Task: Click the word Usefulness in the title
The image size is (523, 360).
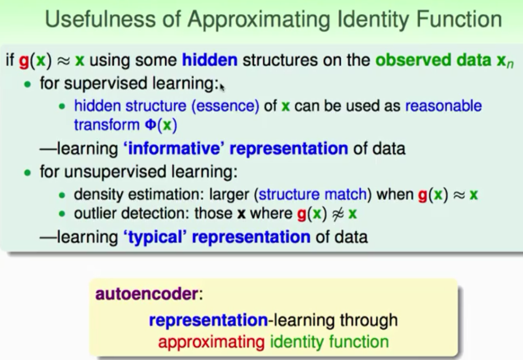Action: [101, 19]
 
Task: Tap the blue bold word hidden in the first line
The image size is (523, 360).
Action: [210, 60]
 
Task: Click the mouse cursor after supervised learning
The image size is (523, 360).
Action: [222, 87]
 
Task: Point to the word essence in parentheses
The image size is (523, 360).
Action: [225, 106]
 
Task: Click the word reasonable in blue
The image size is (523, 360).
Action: [444, 106]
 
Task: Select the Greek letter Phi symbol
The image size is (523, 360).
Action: [151, 125]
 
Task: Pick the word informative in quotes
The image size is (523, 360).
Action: [174, 148]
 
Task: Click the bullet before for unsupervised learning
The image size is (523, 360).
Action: [28, 173]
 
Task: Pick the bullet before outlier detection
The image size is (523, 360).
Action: [62, 214]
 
